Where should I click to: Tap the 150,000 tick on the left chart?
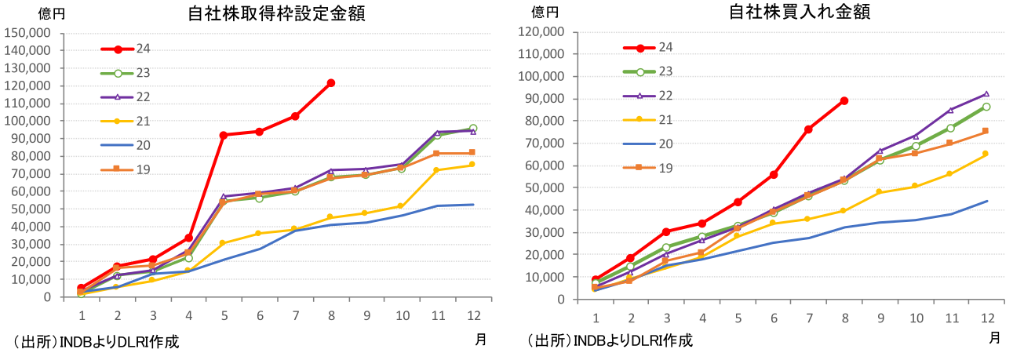pyautogui.click(x=28, y=32)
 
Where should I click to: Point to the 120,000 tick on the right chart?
pyautogui.click(x=543, y=32)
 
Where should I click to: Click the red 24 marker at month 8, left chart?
pyautogui.click(x=330, y=82)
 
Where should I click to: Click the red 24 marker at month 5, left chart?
pyautogui.click(x=223, y=135)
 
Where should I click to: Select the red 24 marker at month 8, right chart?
pyautogui.click(x=844, y=100)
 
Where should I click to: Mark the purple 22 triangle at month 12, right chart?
pyautogui.click(x=986, y=94)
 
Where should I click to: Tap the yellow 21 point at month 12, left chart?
pyautogui.click(x=472, y=164)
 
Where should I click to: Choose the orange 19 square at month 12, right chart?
pyautogui.click(x=986, y=131)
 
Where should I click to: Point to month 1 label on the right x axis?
pyautogui.click(x=596, y=318)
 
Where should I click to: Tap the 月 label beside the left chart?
pyautogui.click(x=480, y=339)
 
